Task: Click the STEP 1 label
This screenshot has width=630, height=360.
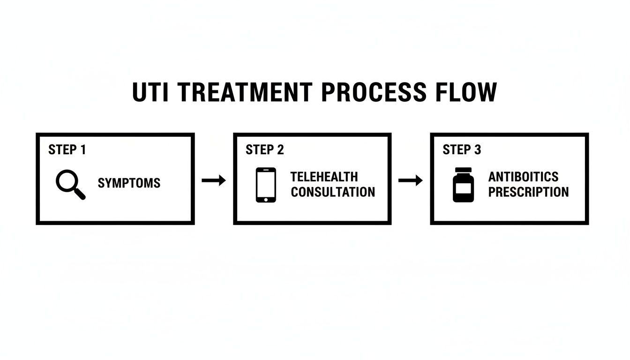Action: tap(67, 150)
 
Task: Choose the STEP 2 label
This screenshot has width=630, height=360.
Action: tap(264, 150)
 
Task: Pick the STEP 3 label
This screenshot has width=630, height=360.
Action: tap(462, 150)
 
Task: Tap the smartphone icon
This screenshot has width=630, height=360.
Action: tap(266, 185)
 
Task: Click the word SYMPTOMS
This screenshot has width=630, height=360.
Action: tap(129, 183)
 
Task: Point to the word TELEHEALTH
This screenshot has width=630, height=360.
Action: tap(324, 177)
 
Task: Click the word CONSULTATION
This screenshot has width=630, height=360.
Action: tap(333, 192)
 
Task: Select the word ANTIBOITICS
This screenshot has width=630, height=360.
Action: tap(523, 177)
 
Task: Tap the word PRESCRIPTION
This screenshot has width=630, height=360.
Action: tap(528, 192)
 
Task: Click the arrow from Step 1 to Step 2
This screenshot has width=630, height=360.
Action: tap(214, 180)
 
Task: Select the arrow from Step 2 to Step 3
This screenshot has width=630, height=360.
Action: tap(411, 180)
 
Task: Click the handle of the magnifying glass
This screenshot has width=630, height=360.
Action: tap(80, 194)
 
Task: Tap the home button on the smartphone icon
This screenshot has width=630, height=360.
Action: tap(266, 199)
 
